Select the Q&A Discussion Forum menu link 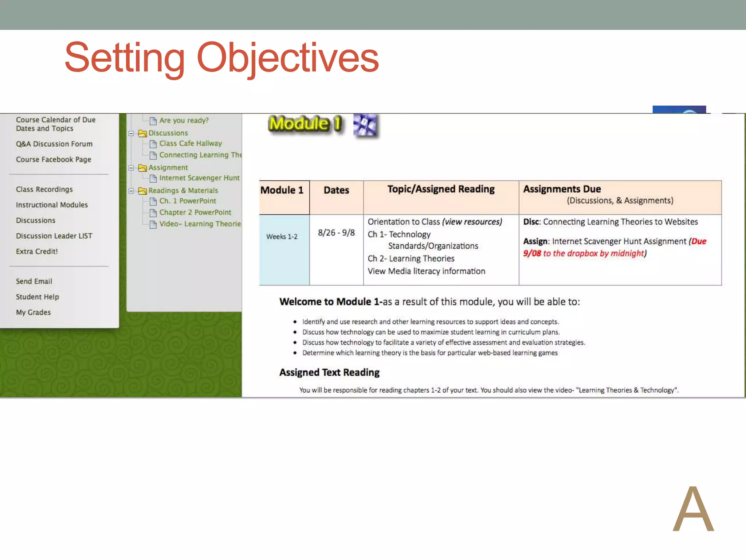click(54, 144)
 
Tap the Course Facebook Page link click(54, 160)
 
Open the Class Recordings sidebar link click(44, 190)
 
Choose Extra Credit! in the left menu click(37, 252)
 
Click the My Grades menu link click(33, 312)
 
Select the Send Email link click(34, 281)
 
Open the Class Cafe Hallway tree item click(190, 144)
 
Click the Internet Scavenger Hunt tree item click(199, 178)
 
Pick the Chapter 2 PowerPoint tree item click(195, 213)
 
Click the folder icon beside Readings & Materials click(142, 191)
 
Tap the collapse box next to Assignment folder click(131, 168)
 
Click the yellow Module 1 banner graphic click(305, 124)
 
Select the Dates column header click(336, 190)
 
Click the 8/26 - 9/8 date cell click(336, 233)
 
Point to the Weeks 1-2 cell click(282, 237)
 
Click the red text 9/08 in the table click(532, 253)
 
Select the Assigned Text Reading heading click(329, 373)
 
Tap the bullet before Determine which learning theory click(295, 353)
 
